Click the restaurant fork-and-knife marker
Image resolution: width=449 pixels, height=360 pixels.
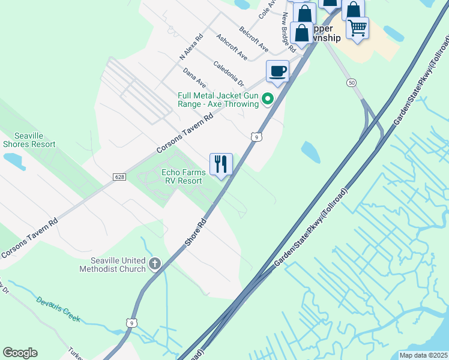click(221, 164)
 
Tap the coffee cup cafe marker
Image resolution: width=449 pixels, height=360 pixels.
click(277, 71)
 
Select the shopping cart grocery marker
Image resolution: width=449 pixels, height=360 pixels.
click(357, 27)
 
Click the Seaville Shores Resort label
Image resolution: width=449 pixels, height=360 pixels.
click(29, 140)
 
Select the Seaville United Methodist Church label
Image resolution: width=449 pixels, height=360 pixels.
click(112, 265)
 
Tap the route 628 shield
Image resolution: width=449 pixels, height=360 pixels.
click(118, 177)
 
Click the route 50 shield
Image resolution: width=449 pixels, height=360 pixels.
click(352, 82)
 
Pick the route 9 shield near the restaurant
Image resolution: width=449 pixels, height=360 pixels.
click(256, 137)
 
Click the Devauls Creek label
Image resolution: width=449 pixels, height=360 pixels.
click(58, 309)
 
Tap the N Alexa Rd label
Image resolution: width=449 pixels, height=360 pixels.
click(191, 46)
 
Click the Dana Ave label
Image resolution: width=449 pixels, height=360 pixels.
click(194, 77)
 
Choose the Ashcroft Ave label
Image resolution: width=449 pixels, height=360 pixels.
click(232, 46)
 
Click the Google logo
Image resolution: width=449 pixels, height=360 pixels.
click(20, 353)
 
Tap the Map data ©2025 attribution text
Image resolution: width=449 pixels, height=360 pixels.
click(423, 355)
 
